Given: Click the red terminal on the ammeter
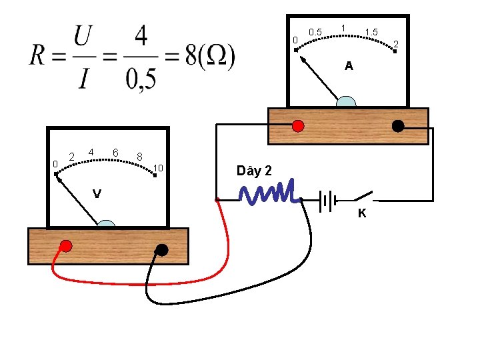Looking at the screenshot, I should (298, 125).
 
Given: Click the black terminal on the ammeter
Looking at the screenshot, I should (398, 125).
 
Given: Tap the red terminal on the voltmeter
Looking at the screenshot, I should (66, 245).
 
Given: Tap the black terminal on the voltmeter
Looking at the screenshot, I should (161, 249).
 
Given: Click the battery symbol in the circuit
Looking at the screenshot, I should (327, 199).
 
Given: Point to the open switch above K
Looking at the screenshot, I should (363, 196).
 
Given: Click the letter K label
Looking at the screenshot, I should (362, 214).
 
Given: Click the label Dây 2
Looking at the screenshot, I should (254, 171).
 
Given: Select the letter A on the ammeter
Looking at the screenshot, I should (349, 67).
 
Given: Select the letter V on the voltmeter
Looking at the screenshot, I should (97, 194).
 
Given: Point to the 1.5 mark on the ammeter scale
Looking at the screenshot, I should (372, 32).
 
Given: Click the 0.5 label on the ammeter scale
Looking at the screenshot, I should (315, 32).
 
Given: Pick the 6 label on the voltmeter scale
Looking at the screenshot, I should (115, 153).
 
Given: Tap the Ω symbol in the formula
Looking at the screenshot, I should (215, 58).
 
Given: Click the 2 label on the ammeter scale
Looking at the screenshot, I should (396, 44).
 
